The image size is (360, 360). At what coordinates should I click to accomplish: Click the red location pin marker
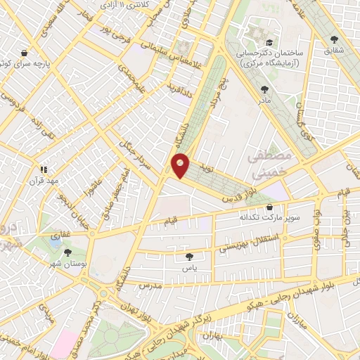point(181,165)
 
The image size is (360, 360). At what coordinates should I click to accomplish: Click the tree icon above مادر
point(264,89)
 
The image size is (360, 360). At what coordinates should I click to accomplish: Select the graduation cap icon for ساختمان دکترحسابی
point(270,43)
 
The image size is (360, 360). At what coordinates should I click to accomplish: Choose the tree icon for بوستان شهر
point(67,252)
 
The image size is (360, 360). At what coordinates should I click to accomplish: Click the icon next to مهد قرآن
point(44,169)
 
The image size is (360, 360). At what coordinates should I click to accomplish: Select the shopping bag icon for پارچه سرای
point(25,53)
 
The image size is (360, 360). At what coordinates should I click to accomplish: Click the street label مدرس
point(150,287)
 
